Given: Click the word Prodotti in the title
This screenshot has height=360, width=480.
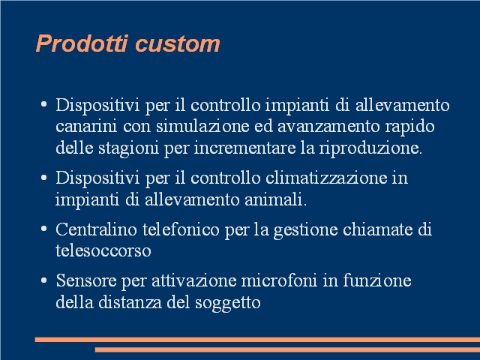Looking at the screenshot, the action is pyautogui.click(x=82, y=43).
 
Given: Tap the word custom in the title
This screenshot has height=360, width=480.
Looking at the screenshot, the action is pyautogui.click(x=178, y=44).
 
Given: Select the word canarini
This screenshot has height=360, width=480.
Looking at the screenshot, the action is pyautogui.click(x=86, y=126).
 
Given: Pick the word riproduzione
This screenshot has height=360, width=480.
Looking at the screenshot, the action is pyautogui.click(x=370, y=148).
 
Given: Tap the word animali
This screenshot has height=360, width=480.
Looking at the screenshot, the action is pyautogui.click(x=275, y=199).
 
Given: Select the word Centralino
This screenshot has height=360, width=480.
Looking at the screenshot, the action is pyautogui.click(x=96, y=229).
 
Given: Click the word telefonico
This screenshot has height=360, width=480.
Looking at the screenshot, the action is pyautogui.click(x=181, y=229).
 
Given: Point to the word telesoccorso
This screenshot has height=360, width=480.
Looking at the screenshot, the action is pyautogui.click(x=103, y=250).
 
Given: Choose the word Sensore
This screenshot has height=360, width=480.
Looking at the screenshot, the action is pyautogui.click(x=86, y=280).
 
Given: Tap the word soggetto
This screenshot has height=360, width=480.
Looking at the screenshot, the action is pyautogui.click(x=228, y=303).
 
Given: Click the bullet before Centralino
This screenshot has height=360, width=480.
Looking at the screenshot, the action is pyautogui.click(x=43, y=229).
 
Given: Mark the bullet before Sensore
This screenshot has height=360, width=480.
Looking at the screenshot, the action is pyautogui.click(x=43, y=280).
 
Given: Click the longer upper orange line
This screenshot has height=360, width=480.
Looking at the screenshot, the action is pyautogui.click(x=257, y=340).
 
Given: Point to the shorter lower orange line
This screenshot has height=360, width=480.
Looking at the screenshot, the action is pyautogui.click(x=287, y=349).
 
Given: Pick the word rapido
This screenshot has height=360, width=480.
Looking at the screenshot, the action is pyautogui.click(x=409, y=127).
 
